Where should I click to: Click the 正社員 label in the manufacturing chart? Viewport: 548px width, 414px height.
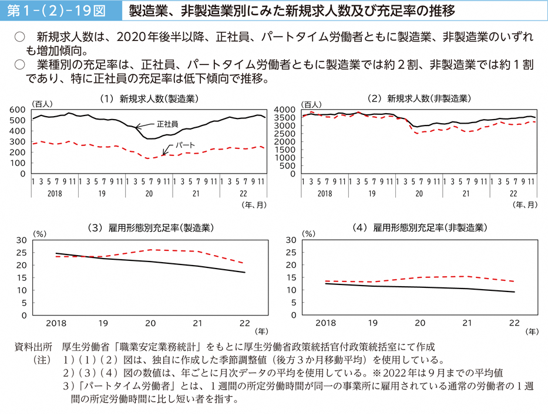tap(169, 124)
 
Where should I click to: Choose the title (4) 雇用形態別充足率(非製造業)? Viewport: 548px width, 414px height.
tap(419, 228)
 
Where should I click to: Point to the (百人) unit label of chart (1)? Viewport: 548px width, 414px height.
tap(43, 104)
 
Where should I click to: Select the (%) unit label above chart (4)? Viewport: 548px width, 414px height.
tap(309, 233)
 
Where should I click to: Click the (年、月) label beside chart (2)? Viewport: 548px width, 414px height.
tap(524, 204)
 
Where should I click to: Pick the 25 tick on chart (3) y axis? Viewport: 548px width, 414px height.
tap(21, 253)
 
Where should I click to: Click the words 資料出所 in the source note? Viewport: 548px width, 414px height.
tap(33, 347)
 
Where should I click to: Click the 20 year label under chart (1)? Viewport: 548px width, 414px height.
tap(149, 193)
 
